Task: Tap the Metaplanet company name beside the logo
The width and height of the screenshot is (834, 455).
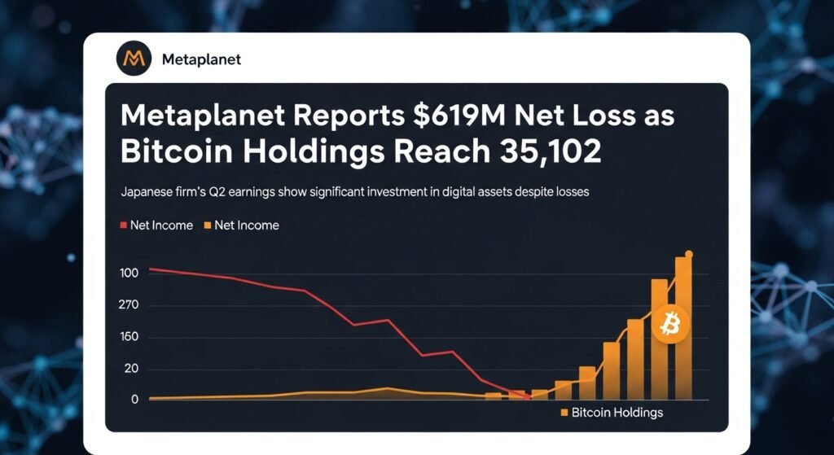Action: coord(201,59)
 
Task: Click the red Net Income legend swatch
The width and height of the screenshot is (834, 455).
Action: coord(124,225)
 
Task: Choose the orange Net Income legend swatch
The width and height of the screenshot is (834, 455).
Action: coord(208,225)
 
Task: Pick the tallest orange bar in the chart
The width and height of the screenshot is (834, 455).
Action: coord(683,330)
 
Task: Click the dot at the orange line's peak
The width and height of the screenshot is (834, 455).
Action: coord(689,255)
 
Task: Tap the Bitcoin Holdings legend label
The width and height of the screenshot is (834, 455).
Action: coord(617,413)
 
